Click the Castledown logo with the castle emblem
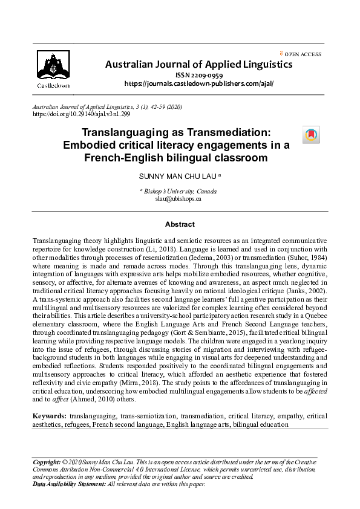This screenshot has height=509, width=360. tap(53, 68)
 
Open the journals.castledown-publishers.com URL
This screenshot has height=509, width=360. tap(198, 83)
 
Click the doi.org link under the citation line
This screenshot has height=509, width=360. tap(81, 114)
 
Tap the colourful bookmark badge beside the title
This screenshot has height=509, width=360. tap(311, 135)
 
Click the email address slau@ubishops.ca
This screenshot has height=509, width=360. tap(178, 198)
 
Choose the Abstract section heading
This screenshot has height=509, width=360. tap(180, 224)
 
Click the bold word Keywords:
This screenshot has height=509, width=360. tap(50, 417)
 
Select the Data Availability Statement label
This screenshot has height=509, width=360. tap(69, 484)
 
